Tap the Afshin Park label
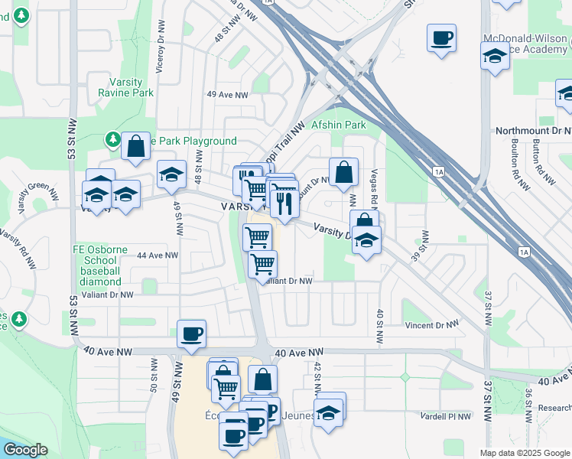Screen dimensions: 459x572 pos(339,125)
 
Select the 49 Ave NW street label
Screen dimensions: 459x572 pos(228,95)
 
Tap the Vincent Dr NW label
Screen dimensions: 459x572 pos(431,325)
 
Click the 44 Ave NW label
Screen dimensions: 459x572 pos(158,256)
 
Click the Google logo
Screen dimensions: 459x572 pos(26,450)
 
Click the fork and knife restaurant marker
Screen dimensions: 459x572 pos(284,203)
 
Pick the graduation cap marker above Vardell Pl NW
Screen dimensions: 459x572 pos(329,412)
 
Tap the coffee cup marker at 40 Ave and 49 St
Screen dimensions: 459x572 pos(191,334)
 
